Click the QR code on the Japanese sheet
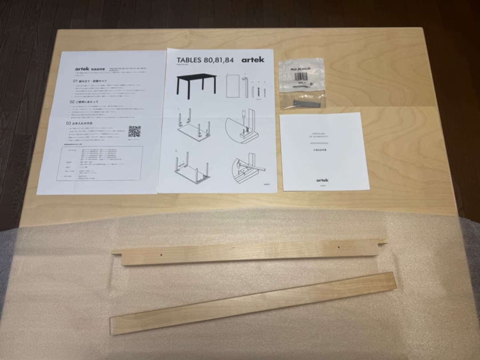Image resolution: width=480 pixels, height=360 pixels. (x=134, y=132)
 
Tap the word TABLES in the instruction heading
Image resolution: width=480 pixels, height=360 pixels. (x=189, y=60)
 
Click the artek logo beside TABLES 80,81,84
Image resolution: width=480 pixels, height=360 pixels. (x=252, y=60)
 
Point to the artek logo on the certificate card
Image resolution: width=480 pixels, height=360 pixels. (x=322, y=180)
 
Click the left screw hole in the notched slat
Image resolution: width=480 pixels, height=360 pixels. (x=161, y=255)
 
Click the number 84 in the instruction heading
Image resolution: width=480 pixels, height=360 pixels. (x=228, y=60)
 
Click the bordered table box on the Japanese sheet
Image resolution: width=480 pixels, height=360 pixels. (x=100, y=164)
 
